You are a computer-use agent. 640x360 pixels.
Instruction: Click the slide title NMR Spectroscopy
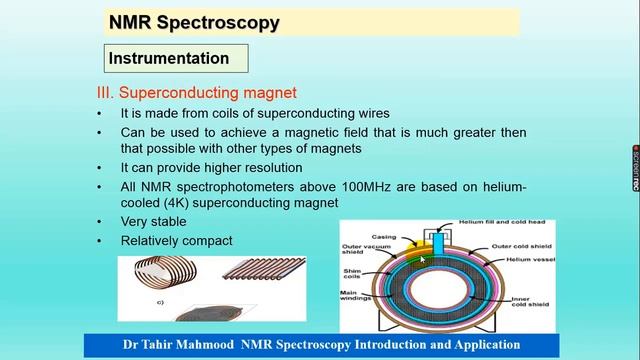tap(193, 22)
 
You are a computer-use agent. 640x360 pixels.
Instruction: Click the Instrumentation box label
tap(168, 58)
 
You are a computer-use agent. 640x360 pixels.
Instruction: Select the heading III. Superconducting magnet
tap(195, 92)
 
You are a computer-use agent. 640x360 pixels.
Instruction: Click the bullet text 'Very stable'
tap(153, 221)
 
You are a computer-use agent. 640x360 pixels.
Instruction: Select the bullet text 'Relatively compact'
tap(176, 240)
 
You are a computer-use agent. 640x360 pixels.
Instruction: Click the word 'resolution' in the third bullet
tap(268, 167)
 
